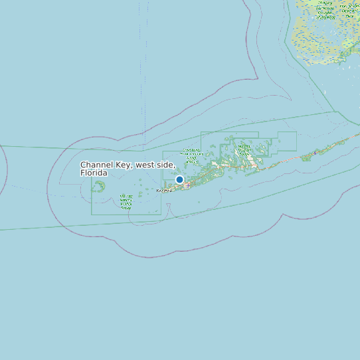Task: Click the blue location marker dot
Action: pos(179,179)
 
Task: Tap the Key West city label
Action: pos(164,191)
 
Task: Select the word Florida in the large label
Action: pos(94,173)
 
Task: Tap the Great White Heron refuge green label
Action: pos(192,154)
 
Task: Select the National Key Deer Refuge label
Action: pos(243,150)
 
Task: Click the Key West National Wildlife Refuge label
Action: pos(125,202)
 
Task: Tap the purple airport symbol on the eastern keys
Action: pos(314,152)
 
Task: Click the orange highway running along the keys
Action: pos(279,165)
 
